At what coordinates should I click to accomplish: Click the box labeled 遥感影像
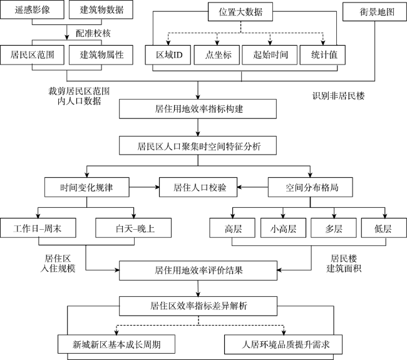pos(32,9)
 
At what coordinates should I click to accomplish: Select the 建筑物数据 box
pos(101,9)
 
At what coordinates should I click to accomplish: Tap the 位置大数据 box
pos(240,12)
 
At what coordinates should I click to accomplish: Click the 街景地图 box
pos(374,12)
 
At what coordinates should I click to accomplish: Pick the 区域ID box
pos(168,54)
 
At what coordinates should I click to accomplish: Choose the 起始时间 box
pos(270,54)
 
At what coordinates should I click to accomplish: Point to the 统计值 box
pos(322,54)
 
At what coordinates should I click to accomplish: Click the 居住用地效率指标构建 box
pos(198,109)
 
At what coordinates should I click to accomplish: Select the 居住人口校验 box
pos(198,187)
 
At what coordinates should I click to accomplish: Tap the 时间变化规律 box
pos(86,187)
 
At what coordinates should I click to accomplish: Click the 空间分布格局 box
pos(310,187)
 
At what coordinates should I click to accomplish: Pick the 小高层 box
pos(283,228)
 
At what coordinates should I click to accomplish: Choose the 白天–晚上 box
pos(133,228)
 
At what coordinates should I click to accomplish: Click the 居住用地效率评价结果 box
pos(198,270)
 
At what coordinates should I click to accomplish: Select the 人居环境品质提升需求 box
pos(283,344)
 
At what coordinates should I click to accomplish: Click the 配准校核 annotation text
pos(93,33)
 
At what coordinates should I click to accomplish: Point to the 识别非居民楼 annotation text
pos(338,96)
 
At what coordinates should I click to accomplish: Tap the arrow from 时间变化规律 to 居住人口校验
pos(144,187)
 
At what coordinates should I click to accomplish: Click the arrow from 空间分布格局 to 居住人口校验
pos(252,187)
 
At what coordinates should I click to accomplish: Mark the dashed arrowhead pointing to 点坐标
pos(217,43)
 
